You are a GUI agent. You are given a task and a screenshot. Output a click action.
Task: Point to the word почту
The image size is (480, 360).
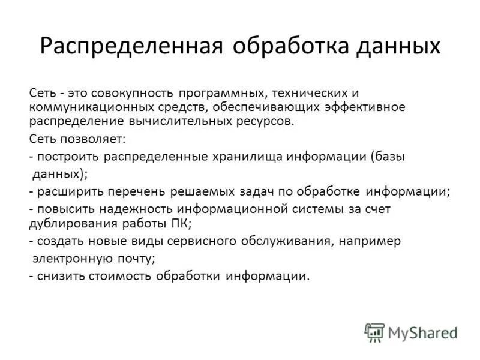[x=136, y=259]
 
